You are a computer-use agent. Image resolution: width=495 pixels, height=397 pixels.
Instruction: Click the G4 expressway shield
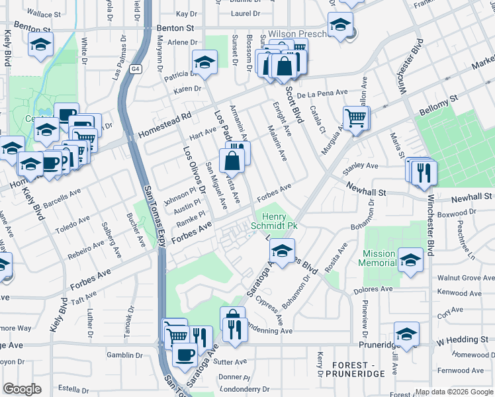(x=136, y=68)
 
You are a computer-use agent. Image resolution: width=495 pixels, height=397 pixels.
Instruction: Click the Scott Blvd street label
(x=294, y=105)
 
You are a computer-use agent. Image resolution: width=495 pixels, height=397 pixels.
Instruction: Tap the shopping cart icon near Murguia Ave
(x=356, y=118)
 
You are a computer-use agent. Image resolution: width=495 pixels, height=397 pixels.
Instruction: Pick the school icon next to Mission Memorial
(x=411, y=258)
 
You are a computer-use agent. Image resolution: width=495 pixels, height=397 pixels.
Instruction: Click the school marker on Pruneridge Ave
(x=406, y=333)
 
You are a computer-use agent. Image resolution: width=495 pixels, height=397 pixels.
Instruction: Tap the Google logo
(x=22, y=389)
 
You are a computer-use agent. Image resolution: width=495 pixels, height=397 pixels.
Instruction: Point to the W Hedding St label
(x=462, y=340)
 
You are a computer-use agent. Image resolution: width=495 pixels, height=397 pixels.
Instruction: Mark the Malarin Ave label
(x=277, y=143)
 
